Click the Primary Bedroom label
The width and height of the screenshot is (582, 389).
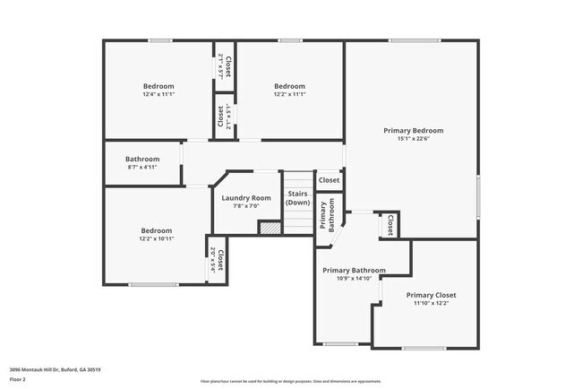413,130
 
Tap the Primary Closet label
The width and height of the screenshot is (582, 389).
431,295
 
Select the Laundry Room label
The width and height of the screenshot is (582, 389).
247,197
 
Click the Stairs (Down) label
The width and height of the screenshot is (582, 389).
297,198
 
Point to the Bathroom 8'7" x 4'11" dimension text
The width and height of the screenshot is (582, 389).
141,167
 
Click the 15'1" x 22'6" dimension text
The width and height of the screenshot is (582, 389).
413,139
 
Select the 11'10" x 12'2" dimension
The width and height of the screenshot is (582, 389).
431,304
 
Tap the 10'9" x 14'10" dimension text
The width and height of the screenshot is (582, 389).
354,279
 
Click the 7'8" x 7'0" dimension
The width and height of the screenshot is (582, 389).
247,206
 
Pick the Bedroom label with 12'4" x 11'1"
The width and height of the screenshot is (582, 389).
158,86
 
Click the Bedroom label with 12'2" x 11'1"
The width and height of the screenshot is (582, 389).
289,86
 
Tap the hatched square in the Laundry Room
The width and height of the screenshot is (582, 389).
269,229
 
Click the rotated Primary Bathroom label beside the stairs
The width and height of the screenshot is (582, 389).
326,217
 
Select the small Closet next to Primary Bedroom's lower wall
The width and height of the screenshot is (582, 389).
389,226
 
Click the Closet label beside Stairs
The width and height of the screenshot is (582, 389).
329,180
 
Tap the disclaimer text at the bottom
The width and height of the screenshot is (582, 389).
290,380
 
